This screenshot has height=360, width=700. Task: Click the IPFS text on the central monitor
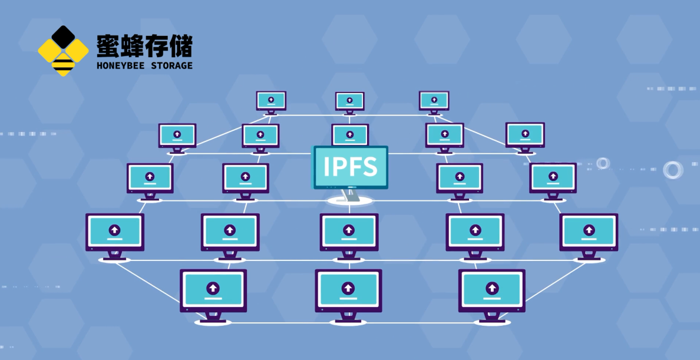tap(350, 167)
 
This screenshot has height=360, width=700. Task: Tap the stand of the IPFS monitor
tap(351, 196)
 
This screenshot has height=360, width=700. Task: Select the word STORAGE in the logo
tap(172, 65)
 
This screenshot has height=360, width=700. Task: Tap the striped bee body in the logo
tap(62, 65)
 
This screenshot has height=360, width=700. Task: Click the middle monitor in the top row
tap(350, 101)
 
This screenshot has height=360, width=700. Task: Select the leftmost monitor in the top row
tap(271, 100)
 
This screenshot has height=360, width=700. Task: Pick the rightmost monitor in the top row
tap(434, 100)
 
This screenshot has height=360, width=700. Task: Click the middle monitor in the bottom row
tap(348, 290)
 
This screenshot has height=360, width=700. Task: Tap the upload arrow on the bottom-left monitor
tap(213, 288)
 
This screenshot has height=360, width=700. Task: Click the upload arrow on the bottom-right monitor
tap(491, 288)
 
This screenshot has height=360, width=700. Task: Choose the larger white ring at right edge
tap(672, 170)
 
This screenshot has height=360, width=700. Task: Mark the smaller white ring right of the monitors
tap(603, 163)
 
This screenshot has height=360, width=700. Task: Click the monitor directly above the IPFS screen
tap(350, 135)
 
